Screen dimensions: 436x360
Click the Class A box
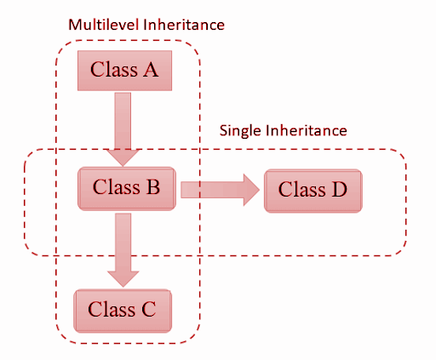point(124,71)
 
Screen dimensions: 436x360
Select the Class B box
point(127,189)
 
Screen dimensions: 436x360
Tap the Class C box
point(123,311)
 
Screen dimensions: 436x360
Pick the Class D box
point(313,191)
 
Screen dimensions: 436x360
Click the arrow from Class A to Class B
point(123,129)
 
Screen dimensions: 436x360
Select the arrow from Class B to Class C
point(123,250)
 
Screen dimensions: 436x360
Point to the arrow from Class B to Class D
point(221,190)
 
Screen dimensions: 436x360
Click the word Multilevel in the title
point(105,25)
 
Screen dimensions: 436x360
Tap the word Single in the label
point(240,131)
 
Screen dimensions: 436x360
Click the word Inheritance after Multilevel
point(184,25)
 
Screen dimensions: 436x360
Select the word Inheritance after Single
point(307,130)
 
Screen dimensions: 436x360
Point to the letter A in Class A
point(151,70)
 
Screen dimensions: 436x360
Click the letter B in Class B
point(153,187)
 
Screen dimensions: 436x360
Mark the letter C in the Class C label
point(149,309)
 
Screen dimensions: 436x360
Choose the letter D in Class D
point(340,189)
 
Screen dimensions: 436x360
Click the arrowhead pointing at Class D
point(251,190)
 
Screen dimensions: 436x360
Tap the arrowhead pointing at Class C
point(123,279)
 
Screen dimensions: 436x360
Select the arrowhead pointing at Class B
point(123,158)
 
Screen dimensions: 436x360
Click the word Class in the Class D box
point(301,189)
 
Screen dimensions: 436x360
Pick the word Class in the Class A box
point(114,70)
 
